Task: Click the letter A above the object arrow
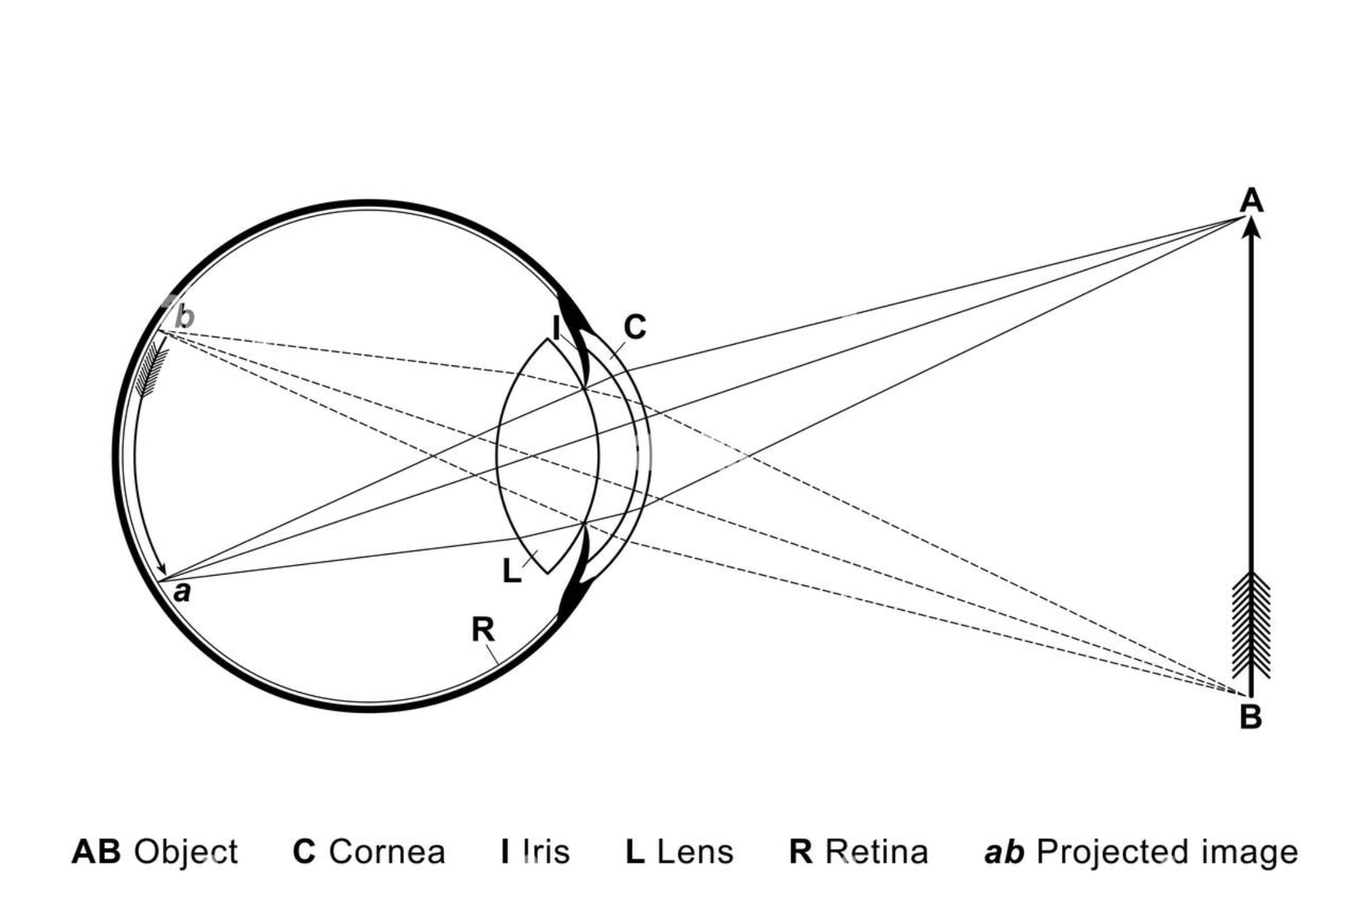point(1251,201)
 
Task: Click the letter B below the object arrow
point(1250,717)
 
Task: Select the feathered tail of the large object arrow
point(1251,626)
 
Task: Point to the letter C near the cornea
point(635,327)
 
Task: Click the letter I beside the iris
point(556,328)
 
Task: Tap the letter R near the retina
point(483,629)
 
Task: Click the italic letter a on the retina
point(182,591)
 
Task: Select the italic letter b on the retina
point(185,317)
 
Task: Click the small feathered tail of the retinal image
point(151,372)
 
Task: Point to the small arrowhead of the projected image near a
point(163,568)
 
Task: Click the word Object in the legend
point(186,852)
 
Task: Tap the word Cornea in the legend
point(387,852)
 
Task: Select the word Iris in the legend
point(546,852)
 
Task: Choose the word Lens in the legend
point(695,852)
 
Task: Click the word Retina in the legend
point(876,852)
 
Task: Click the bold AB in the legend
point(96,852)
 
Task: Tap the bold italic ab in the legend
point(1004,852)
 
